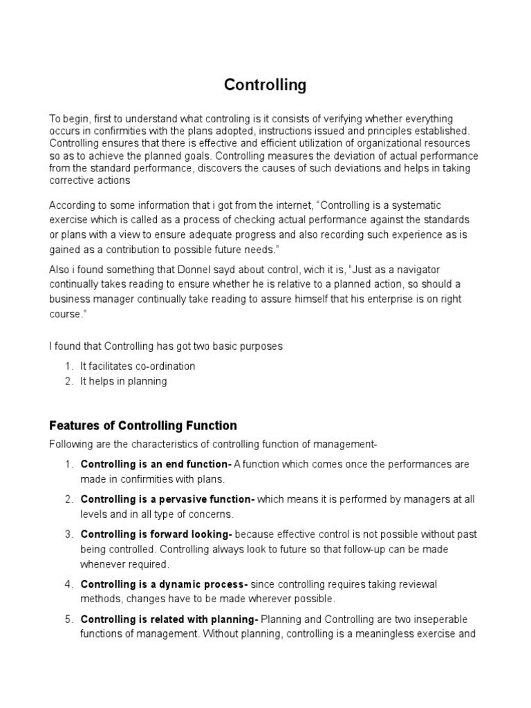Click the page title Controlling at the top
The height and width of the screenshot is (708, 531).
(265, 85)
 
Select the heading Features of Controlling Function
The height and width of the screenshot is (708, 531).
(143, 425)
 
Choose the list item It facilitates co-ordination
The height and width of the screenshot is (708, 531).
(138, 366)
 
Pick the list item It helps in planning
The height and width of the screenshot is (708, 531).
(123, 381)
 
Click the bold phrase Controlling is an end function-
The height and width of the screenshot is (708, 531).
(156, 464)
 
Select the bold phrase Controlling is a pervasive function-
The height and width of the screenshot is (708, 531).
(168, 499)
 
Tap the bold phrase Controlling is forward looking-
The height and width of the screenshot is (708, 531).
(156, 534)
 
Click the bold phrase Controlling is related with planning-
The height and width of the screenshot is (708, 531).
(169, 619)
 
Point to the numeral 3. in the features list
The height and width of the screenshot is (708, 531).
(69, 534)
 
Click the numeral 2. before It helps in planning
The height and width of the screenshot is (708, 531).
(69, 381)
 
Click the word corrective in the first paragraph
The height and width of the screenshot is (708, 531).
(73, 180)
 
